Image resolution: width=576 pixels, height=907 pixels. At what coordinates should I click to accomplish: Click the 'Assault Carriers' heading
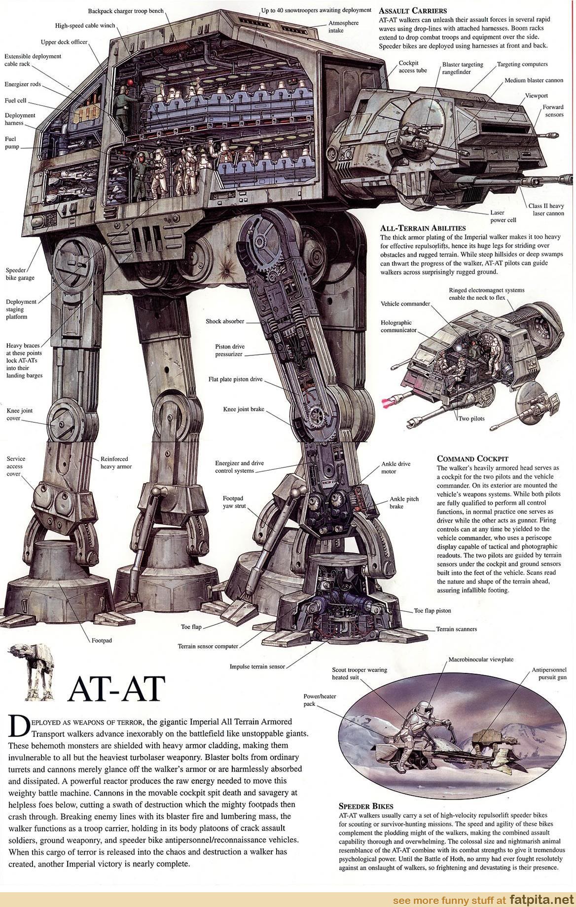tap(413, 10)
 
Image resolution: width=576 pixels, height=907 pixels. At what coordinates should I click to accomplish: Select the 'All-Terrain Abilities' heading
tap(423, 228)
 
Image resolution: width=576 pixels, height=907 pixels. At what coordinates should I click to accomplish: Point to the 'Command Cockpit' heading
tap(472, 458)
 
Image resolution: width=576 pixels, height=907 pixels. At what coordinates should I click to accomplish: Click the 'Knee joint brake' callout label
tap(244, 409)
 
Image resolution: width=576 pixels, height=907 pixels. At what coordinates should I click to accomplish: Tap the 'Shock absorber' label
tap(225, 321)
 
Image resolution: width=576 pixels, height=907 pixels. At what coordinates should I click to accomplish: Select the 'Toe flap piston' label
tap(432, 610)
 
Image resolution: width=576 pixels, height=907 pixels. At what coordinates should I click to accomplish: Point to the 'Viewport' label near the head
tap(537, 95)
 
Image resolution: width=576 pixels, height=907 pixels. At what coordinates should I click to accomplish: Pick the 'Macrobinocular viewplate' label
tap(481, 659)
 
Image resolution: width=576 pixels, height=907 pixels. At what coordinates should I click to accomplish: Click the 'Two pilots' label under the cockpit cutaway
tap(471, 419)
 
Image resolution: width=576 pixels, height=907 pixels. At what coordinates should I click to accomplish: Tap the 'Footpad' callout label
tap(102, 640)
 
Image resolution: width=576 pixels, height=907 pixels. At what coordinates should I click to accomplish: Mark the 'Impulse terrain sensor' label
tap(257, 666)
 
